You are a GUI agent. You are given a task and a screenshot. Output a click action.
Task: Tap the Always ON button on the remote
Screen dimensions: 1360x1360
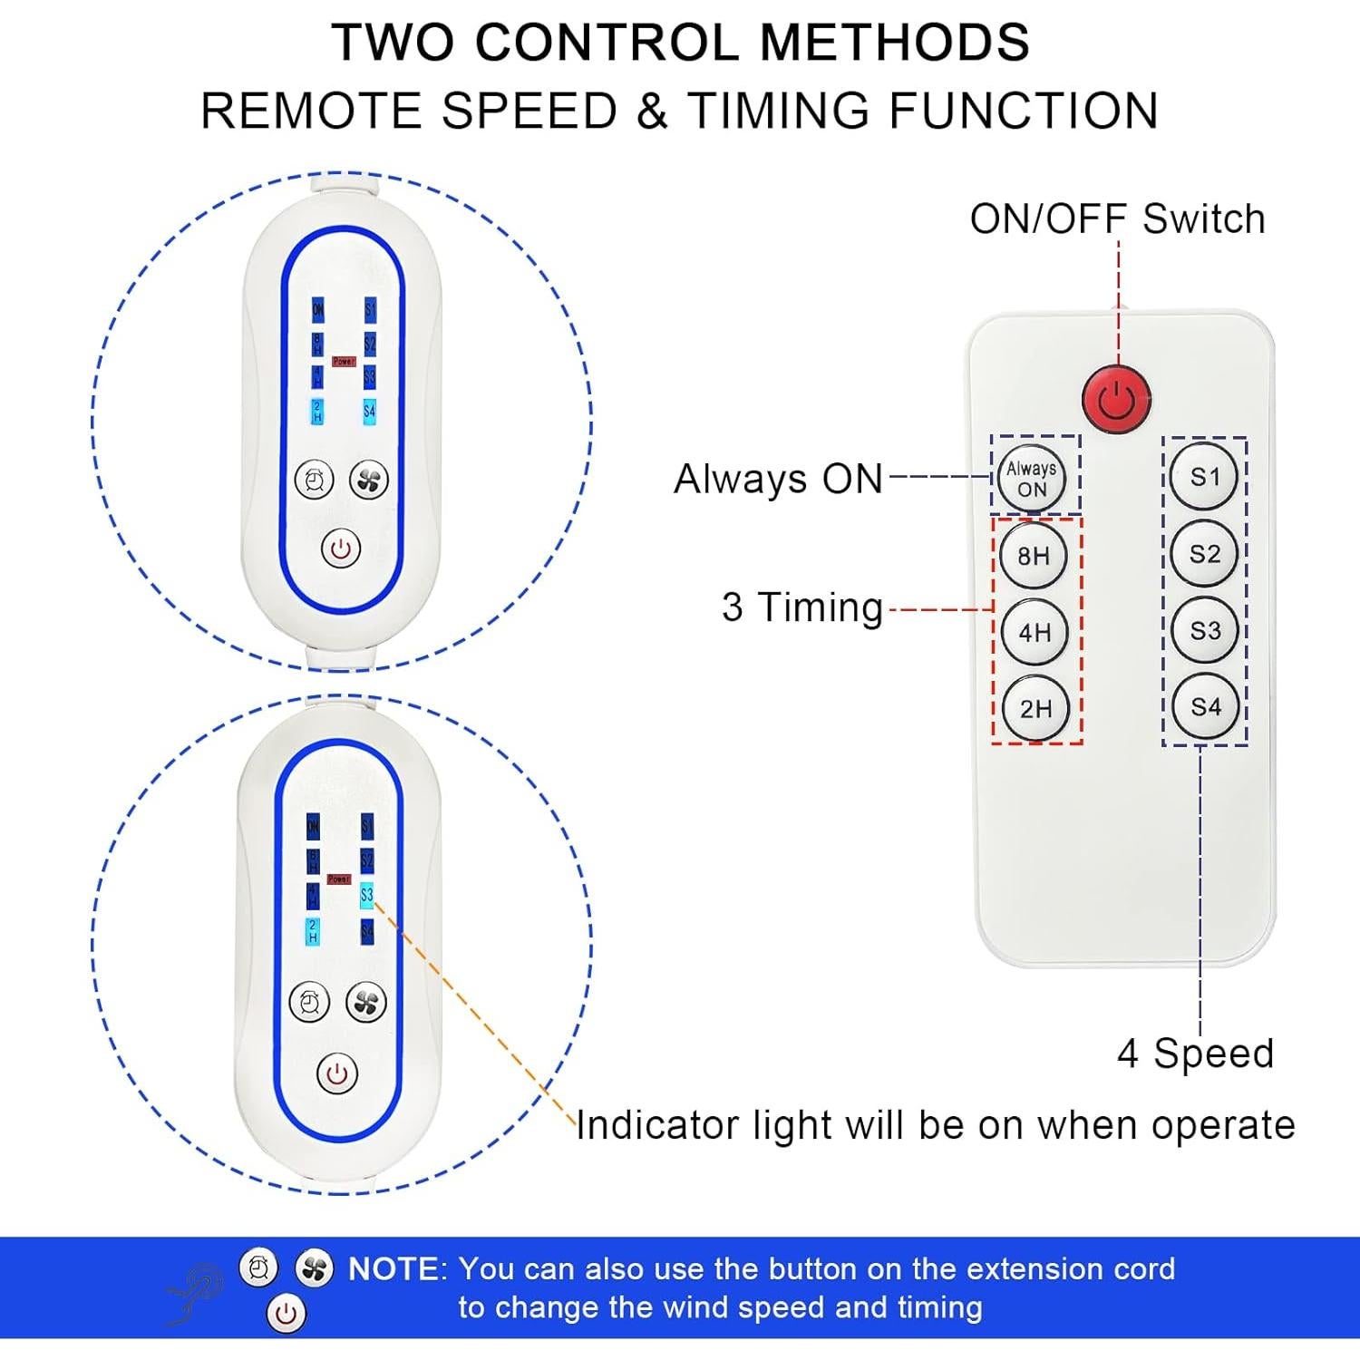pyautogui.click(x=1032, y=478)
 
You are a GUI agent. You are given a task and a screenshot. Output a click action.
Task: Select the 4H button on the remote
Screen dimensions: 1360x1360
pyautogui.click(x=1034, y=632)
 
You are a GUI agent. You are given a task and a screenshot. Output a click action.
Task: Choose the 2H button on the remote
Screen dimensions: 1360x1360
pyautogui.click(x=1035, y=708)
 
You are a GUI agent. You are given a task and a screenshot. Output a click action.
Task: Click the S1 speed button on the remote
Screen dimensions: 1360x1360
pyautogui.click(x=1204, y=477)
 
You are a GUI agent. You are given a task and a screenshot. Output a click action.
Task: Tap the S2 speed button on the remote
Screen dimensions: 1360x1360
pyautogui.click(x=1204, y=554)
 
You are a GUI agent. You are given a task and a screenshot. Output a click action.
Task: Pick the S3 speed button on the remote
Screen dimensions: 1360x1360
pyautogui.click(x=1204, y=630)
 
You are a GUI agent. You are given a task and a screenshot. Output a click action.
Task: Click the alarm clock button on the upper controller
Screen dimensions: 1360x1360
pyautogui.click(x=315, y=480)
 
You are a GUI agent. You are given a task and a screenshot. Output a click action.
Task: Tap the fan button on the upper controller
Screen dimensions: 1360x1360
pyautogui.click(x=369, y=480)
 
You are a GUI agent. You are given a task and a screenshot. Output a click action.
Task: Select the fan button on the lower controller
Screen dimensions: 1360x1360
pyautogui.click(x=366, y=1002)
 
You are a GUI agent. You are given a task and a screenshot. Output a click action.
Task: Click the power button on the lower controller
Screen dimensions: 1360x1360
pyautogui.click(x=337, y=1074)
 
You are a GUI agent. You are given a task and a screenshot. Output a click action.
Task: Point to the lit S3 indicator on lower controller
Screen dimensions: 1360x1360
pyautogui.click(x=366, y=895)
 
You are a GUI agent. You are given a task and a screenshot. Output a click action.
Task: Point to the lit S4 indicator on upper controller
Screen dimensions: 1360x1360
pyautogui.click(x=369, y=411)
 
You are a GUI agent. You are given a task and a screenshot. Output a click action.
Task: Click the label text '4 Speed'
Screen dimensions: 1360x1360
pyautogui.click(x=1195, y=1054)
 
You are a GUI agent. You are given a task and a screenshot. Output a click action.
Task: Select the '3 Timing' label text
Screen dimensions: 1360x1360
pyautogui.click(x=801, y=607)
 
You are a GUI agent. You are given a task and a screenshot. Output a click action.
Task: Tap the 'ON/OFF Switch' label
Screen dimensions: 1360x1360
pyautogui.click(x=1117, y=219)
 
